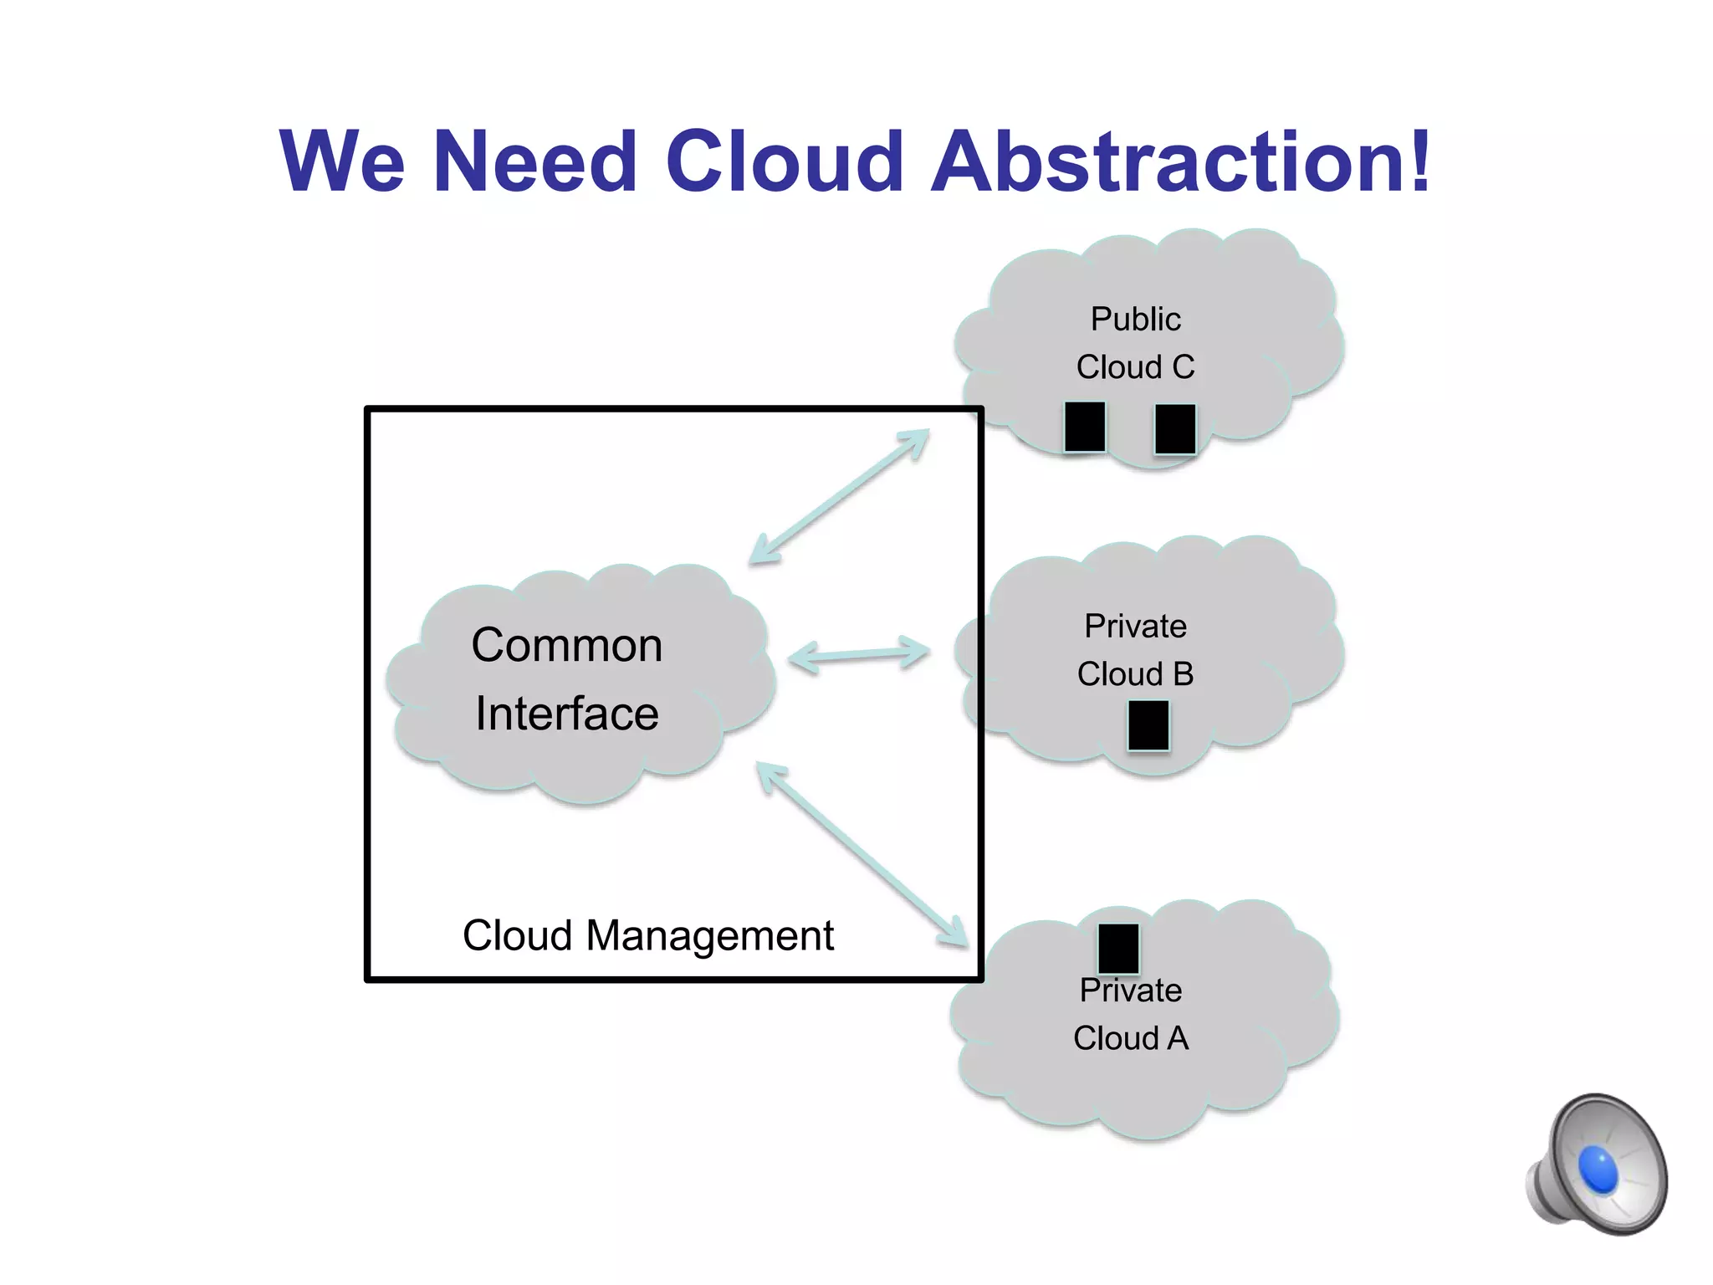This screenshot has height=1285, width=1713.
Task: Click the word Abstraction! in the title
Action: (x=1180, y=161)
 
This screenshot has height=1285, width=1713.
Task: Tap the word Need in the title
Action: (x=535, y=161)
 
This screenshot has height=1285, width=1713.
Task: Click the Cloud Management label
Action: (x=648, y=935)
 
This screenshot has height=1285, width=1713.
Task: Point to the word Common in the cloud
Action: (x=567, y=645)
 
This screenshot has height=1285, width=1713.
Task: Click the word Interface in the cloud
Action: (x=567, y=714)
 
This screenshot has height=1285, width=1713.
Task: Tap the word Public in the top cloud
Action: (x=1135, y=319)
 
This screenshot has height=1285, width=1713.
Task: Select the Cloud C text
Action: (x=1135, y=366)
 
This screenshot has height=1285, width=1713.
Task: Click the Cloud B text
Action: (x=1135, y=673)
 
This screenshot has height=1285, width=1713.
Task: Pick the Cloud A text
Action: (x=1130, y=1038)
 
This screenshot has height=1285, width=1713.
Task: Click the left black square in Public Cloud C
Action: (x=1085, y=427)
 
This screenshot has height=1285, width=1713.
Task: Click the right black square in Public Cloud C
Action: (x=1174, y=428)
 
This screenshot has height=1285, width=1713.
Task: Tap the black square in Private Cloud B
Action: (x=1148, y=724)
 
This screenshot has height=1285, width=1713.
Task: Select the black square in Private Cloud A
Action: (x=1118, y=948)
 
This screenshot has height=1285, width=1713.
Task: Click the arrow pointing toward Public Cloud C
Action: (x=839, y=496)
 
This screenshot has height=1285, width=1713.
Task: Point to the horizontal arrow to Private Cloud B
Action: (x=858, y=654)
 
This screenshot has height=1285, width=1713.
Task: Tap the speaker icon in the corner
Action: (x=1598, y=1165)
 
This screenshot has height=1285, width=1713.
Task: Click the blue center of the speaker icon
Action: (x=1598, y=1170)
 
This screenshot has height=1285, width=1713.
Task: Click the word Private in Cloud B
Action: (x=1135, y=626)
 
